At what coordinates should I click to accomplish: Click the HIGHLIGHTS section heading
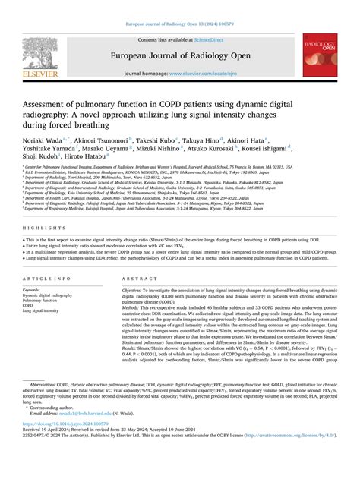(x=37, y=228)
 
